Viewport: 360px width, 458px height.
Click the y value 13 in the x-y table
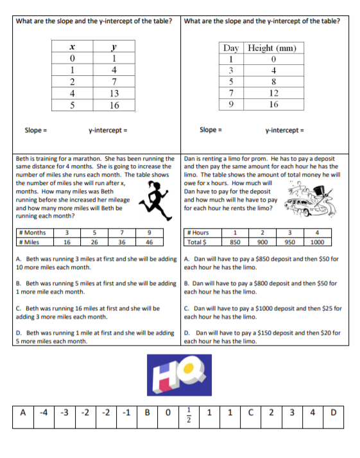(x=113, y=94)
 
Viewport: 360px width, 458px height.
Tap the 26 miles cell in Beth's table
(x=94, y=242)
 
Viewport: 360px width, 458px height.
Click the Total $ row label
(x=197, y=242)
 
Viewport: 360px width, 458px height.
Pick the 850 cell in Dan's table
(x=236, y=242)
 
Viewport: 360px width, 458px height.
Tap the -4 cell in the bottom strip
(x=43, y=412)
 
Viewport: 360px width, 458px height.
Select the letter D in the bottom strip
(x=332, y=412)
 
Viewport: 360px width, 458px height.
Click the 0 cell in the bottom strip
(x=167, y=412)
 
